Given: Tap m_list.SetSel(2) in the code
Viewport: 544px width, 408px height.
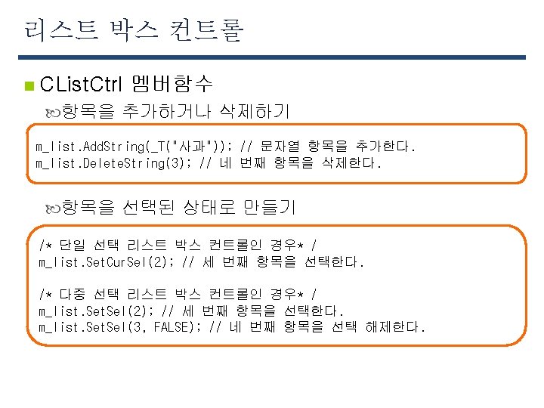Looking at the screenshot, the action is [94, 311].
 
